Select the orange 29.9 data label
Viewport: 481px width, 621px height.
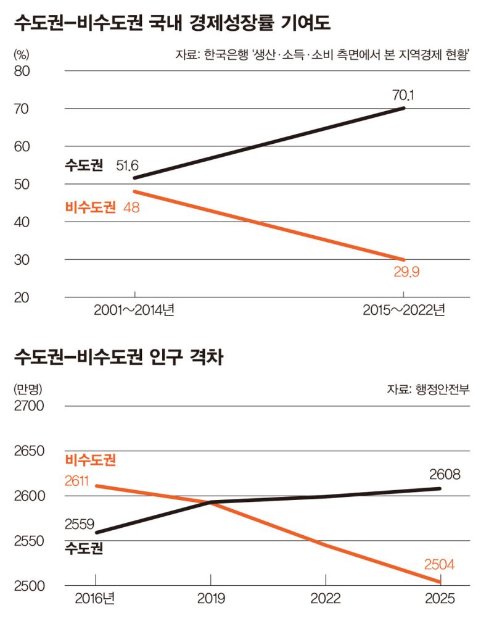coord(407,272)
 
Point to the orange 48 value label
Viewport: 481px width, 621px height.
coord(131,207)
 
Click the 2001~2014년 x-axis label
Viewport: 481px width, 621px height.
coord(134,310)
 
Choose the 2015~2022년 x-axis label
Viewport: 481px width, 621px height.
coord(404,310)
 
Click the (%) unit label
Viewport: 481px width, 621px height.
coord(22,54)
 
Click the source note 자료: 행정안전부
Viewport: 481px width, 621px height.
coord(428,390)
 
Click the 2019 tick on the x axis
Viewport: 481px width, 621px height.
coord(211,599)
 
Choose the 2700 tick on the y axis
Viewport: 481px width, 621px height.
coord(28,406)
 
